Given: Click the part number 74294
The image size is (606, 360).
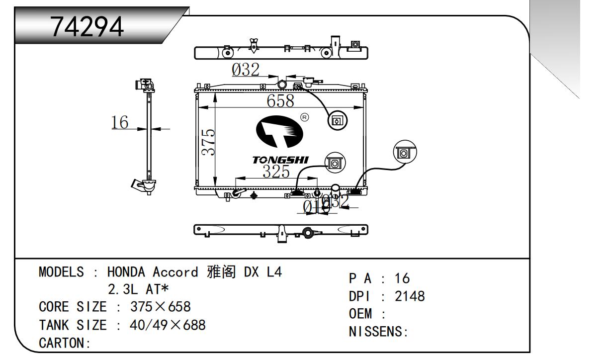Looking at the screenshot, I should pyautogui.click(x=87, y=28).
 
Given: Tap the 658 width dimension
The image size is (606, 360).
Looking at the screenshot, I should pyautogui.click(x=280, y=101).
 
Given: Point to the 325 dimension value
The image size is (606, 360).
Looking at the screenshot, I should pyautogui.click(x=276, y=172).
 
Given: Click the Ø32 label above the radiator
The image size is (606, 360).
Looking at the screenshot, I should pyautogui.click(x=246, y=70).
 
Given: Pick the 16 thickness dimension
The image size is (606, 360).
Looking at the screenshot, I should pyautogui.click(x=120, y=122).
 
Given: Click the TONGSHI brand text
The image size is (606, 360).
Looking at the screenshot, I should pyautogui.click(x=280, y=160).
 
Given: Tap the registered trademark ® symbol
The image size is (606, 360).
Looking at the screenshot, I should pyautogui.click(x=305, y=117).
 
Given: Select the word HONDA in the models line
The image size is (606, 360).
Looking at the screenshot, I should pyautogui.click(x=126, y=272).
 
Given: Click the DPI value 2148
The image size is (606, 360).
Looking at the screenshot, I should pyautogui.click(x=410, y=296).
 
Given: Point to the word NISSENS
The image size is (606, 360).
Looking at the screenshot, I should pyautogui.click(x=376, y=332).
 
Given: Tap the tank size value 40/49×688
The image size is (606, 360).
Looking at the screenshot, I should pyautogui.click(x=168, y=325).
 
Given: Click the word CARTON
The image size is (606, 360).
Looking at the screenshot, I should pyautogui.click(x=63, y=343).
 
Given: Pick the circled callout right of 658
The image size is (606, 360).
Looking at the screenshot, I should pyautogui.click(x=337, y=120).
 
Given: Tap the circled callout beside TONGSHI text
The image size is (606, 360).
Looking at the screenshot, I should pyautogui.click(x=335, y=163).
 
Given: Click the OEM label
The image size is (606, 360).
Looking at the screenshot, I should pyautogui.click(x=361, y=314).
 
